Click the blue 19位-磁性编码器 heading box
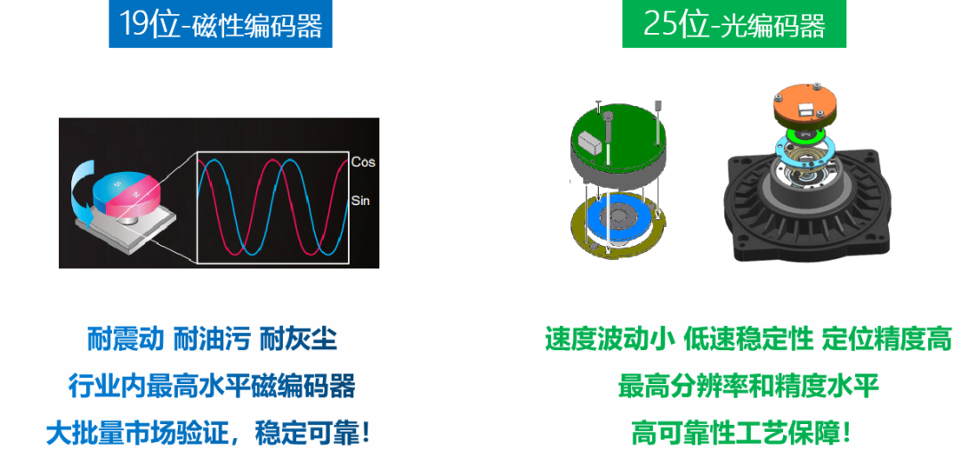221,24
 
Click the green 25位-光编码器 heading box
734,24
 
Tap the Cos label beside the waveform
363,162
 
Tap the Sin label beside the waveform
361,200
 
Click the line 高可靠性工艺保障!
741,434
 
